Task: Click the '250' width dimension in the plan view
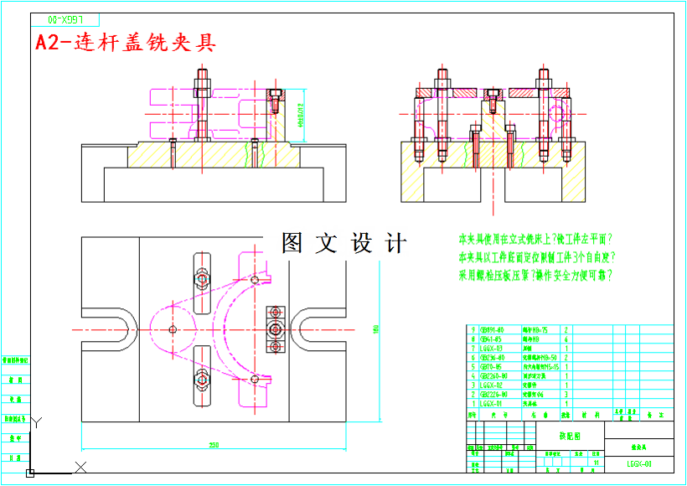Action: [x=214, y=445]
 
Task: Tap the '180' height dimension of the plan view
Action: [x=377, y=327]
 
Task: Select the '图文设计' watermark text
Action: [x=344, y=243]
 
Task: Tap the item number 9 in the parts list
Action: [x=473, y=329]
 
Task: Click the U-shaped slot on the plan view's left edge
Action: [x=109, y=329]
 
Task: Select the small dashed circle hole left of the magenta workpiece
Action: [x=173, y=329]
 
